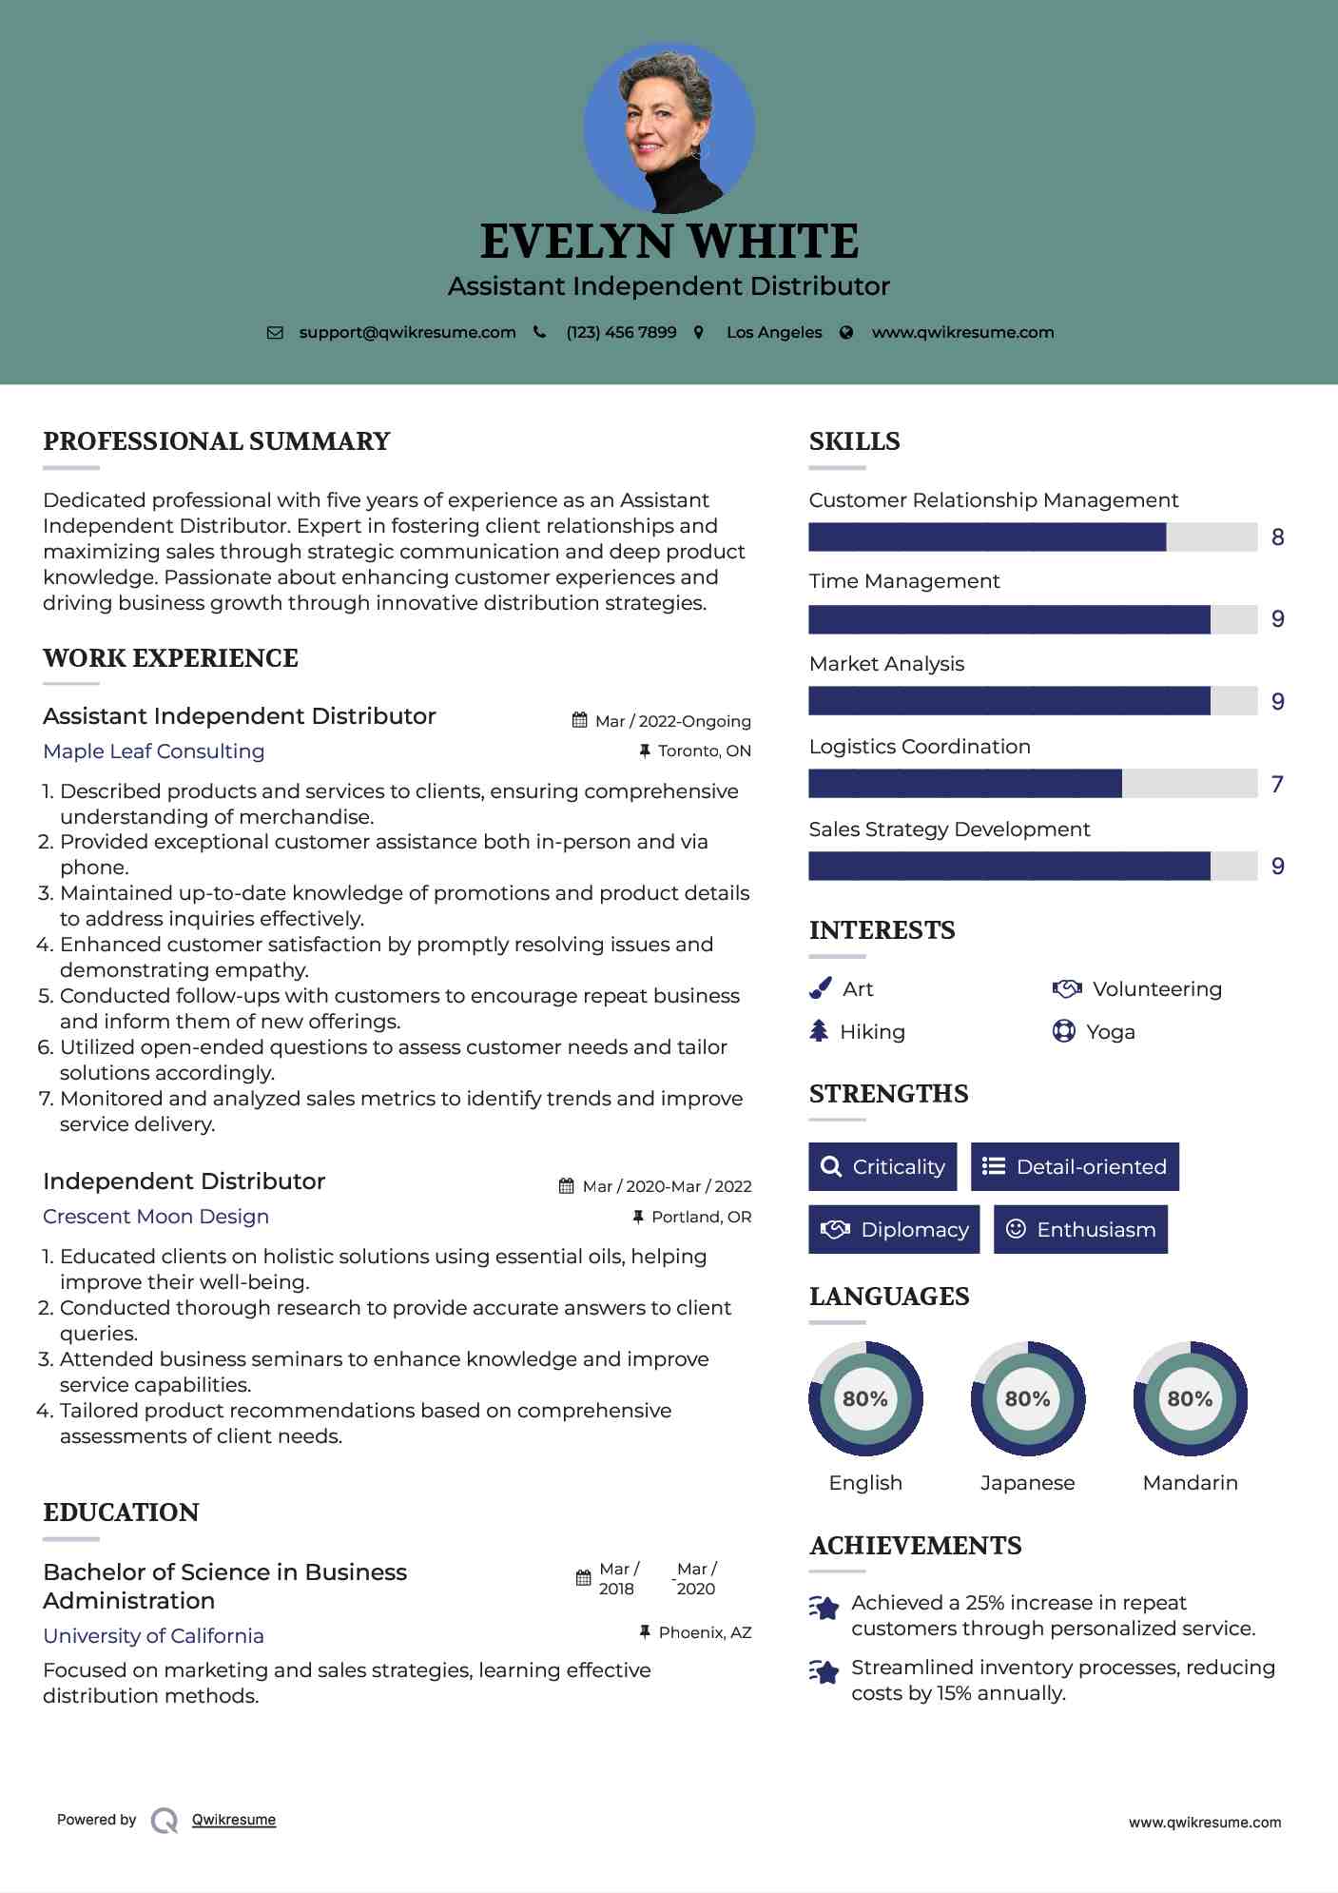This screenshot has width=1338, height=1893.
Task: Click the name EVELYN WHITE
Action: click(669, 242)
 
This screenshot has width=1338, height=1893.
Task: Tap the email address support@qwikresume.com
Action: click(407, 332)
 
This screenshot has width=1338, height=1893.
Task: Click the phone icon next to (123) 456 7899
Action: click(540, 332)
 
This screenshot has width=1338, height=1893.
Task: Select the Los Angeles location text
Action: click(773, 332)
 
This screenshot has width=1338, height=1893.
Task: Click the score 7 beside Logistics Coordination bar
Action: click(1277, 784)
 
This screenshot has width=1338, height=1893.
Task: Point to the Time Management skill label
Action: click(903, 581)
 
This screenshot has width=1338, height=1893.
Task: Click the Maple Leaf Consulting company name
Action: click(154, 751)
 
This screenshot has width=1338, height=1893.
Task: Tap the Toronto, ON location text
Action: click(704, 751)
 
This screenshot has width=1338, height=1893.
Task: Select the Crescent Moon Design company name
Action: click(156, 1217)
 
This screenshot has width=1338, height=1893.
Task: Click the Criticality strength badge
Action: click(882, 1166)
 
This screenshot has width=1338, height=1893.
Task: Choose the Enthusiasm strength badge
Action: click(1080, 1229)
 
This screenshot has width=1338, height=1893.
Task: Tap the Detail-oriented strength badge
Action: click(1075, 1166)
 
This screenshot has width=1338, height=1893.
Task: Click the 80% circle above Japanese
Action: click(1027, 1398)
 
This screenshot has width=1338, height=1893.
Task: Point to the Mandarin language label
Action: click(1190, 1483)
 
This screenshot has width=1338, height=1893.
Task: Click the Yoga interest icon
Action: click(1063, 1031)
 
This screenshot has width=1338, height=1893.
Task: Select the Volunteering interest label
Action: click(1156, 989)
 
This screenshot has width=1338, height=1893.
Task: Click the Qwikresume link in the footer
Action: click(234, 1820)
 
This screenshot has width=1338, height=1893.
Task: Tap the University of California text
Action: click(153, 1636)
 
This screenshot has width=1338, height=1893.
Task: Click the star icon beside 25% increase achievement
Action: click(824, 1608)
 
